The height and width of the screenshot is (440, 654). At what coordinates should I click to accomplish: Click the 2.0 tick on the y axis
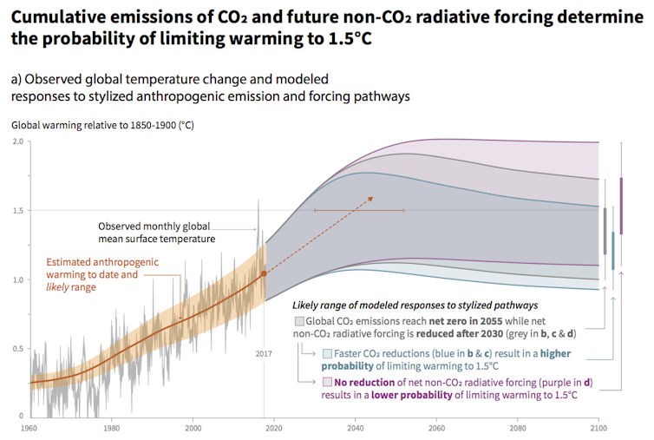pos(17,141)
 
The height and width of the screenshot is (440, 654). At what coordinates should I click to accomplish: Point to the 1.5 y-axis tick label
pos(17,210)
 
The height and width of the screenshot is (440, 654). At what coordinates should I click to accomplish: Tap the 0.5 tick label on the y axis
pos(17,349)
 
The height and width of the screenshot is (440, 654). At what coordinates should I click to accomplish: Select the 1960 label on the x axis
pos(29,428)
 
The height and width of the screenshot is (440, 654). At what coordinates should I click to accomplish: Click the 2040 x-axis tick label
pos(355,428)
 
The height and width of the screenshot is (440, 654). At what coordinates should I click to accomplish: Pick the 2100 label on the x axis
pos(598,428)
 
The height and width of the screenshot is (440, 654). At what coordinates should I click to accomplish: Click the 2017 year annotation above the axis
pos(265,353)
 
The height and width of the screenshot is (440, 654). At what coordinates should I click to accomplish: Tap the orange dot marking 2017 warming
pos(265,273)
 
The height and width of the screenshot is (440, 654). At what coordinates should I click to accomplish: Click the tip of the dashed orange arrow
pos(373,197)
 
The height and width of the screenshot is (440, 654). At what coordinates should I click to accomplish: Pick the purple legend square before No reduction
pos(326,382)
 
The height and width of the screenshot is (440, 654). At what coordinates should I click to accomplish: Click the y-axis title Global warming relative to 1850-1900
pos(102,125)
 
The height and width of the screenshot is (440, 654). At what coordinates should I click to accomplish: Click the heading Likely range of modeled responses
pos(414,305)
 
